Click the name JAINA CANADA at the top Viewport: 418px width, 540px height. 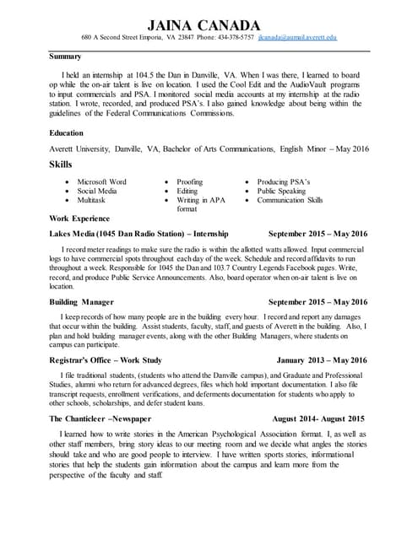coord(209,24)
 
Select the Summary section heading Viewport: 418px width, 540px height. coord(65,57)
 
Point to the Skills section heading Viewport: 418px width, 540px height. coord(62,164)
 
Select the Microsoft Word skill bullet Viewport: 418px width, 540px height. coord(101,182)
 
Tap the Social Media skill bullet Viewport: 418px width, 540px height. coord(97,192)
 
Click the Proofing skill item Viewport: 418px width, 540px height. coord(189,182)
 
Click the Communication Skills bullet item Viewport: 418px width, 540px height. coord(290,201)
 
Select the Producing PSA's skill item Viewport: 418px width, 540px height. coord(284,182)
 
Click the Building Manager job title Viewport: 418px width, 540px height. coord(82,301)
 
